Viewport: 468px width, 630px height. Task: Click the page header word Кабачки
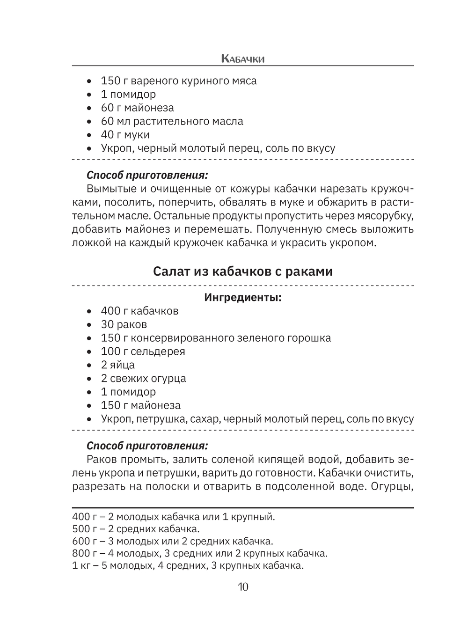(x=242, y=59)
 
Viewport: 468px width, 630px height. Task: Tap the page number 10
(x=243, y=586)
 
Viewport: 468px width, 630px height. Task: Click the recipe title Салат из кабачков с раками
(x=242, y=271)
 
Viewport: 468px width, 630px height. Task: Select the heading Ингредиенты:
(x=243, y=298)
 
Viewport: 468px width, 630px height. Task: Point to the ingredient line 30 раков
(x=124, y=324)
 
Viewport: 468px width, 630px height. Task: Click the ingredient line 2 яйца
(x=117, y=365)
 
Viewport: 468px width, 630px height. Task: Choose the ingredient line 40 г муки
(x=125, y=135)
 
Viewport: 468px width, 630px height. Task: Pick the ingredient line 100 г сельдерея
(x=143, y=352)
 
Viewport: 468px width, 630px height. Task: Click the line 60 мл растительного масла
(x=172, y=121)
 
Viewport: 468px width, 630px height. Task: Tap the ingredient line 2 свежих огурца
(x=143, y=378)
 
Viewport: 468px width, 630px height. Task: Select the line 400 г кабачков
(x=139, y=311)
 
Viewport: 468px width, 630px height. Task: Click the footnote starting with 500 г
(x=136, y=529)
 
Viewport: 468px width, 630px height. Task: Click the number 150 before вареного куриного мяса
(x=110, y=81)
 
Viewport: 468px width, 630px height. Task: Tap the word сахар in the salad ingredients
(x=205, y=419)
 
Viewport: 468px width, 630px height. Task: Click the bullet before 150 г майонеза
(x=89, y=406)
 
